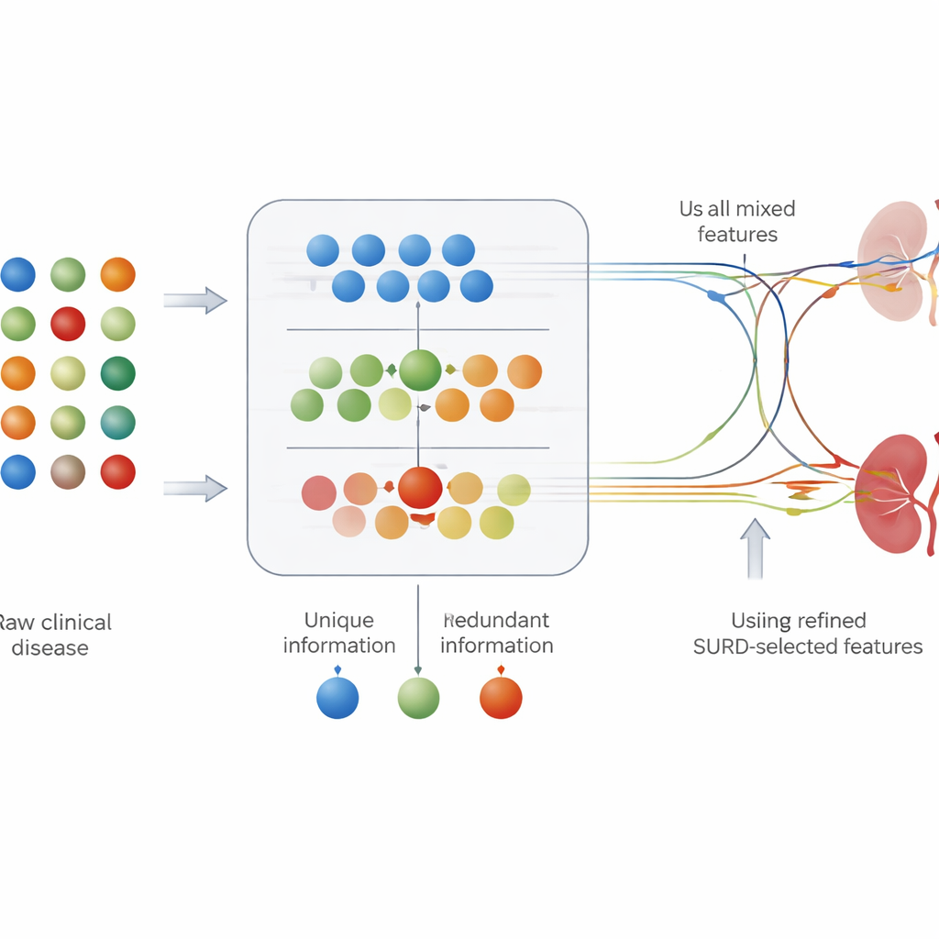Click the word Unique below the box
pos(338,621)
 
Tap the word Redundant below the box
pos(496,621)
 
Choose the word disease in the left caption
pos(50,648)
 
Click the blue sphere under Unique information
pos(337,698)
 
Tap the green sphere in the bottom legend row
pos(418,698)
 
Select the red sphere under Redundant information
pos(501,698)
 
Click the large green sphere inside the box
pos(421,370)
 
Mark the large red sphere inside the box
pos(420,487)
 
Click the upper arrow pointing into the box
pos(195,300)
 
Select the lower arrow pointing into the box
pos(195,488)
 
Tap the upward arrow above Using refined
pos(755,548)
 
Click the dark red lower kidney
pos(889,493)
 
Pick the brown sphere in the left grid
pos(68,472)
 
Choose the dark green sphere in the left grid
pos(117,373)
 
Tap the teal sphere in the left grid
pos(117,423)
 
